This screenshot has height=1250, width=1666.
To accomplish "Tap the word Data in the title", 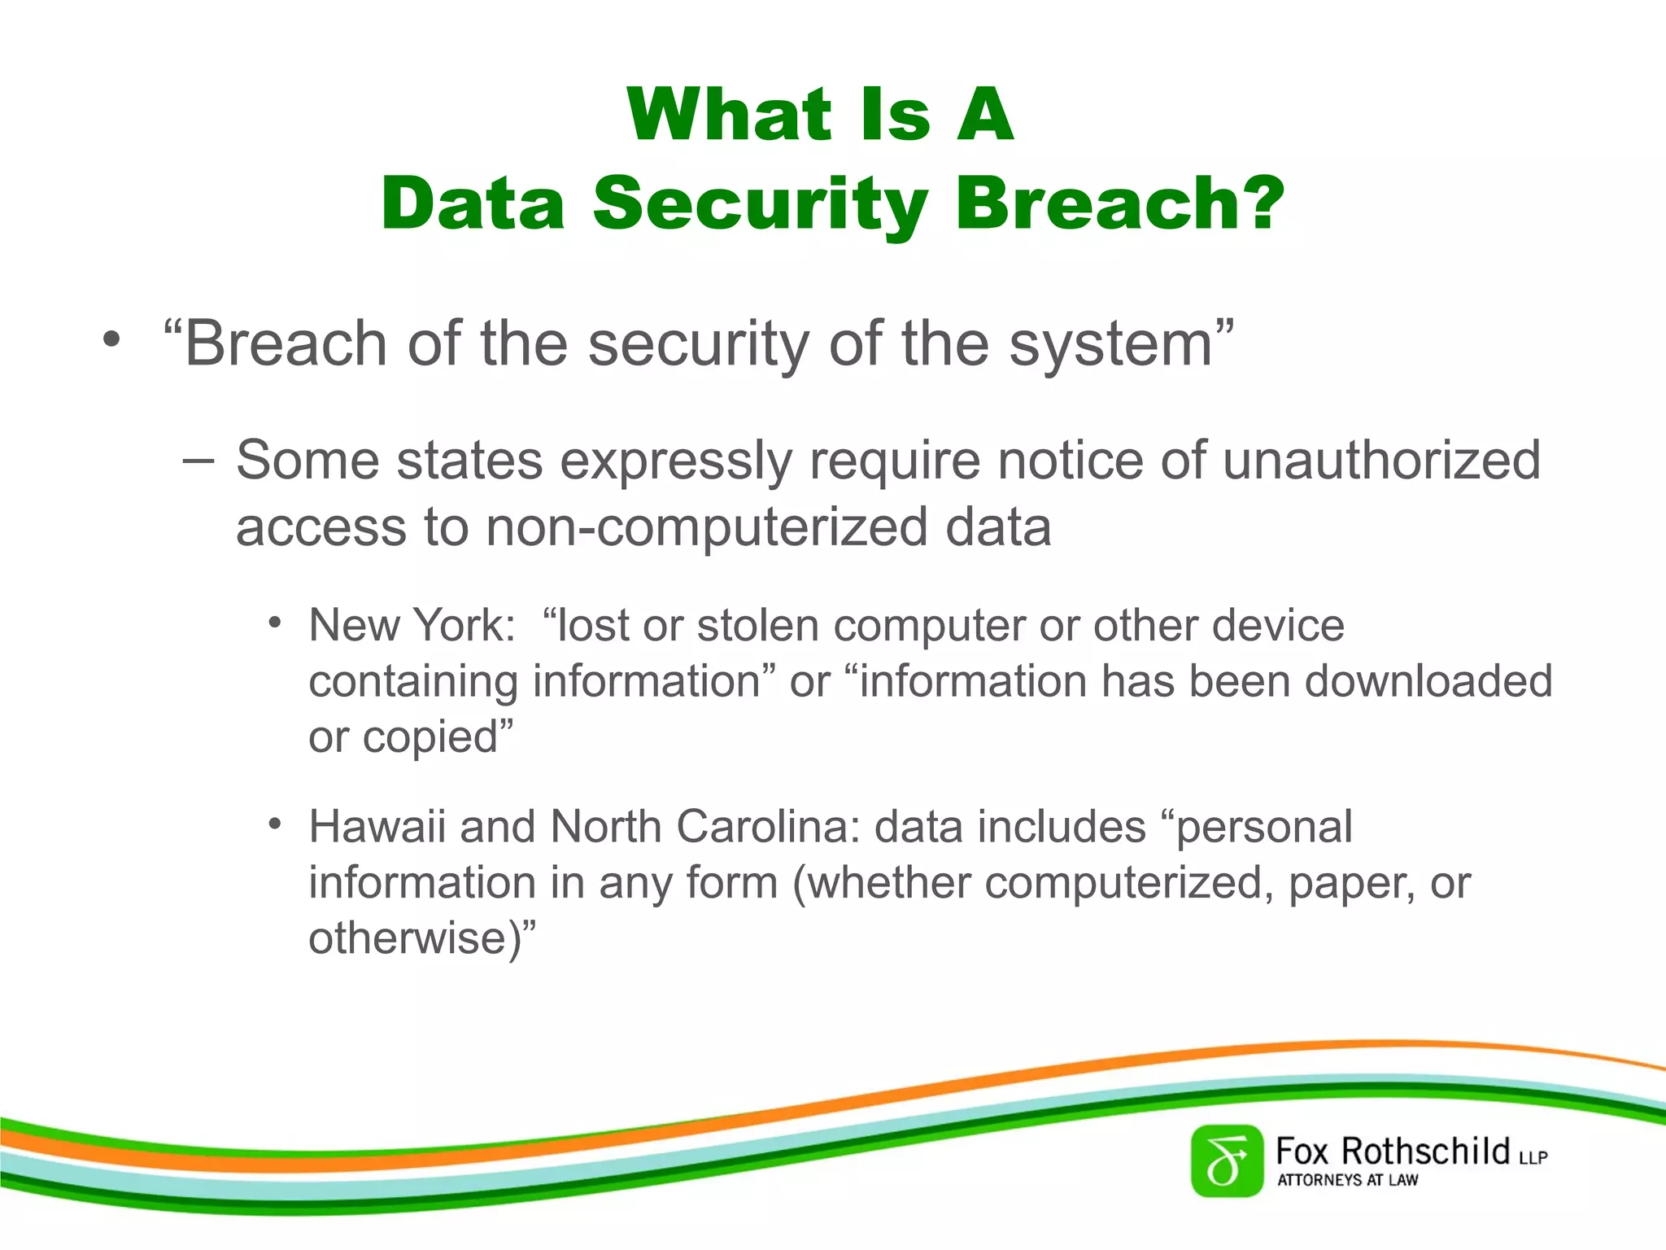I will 473,203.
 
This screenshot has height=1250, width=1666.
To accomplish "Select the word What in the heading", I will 729,115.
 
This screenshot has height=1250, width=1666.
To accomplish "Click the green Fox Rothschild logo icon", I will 1227,1161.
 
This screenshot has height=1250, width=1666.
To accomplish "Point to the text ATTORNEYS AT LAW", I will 1347,1180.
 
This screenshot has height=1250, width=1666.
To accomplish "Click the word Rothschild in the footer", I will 1425,1152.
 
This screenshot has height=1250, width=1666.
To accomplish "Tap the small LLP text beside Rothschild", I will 1533,1157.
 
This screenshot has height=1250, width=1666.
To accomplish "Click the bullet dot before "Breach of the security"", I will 111,339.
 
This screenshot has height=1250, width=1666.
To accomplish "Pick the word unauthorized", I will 1381,461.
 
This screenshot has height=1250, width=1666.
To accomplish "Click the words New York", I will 411,626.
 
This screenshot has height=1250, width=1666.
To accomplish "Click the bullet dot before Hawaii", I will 275,824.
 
